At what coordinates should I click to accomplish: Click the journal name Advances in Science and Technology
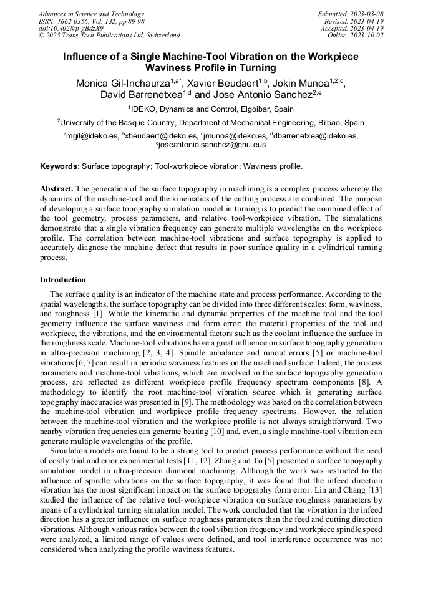(x=91, y=14)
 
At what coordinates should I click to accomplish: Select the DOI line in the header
(x=70, y=28)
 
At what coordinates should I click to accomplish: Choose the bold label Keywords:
(x=60, y=166)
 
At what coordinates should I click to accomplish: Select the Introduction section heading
(x=63, y=280)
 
